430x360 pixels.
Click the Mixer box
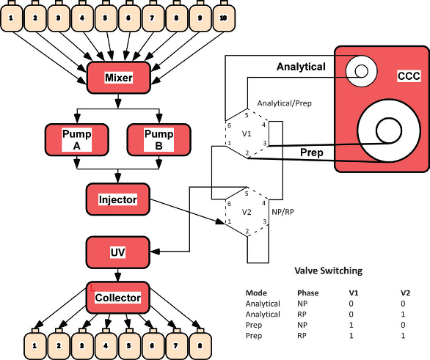coord(118,77)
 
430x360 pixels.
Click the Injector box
coord(118,199)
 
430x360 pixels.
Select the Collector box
coord(118,298)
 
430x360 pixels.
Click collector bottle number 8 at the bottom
coord(200,342)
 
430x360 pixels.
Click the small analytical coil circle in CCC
coord(360,70)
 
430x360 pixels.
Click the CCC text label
coord(408,76)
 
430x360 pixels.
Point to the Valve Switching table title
coord(328,271)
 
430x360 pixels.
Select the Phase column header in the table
coord(307,291)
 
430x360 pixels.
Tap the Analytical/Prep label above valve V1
coord(285,103)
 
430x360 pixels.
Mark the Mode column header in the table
coord(256,291)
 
